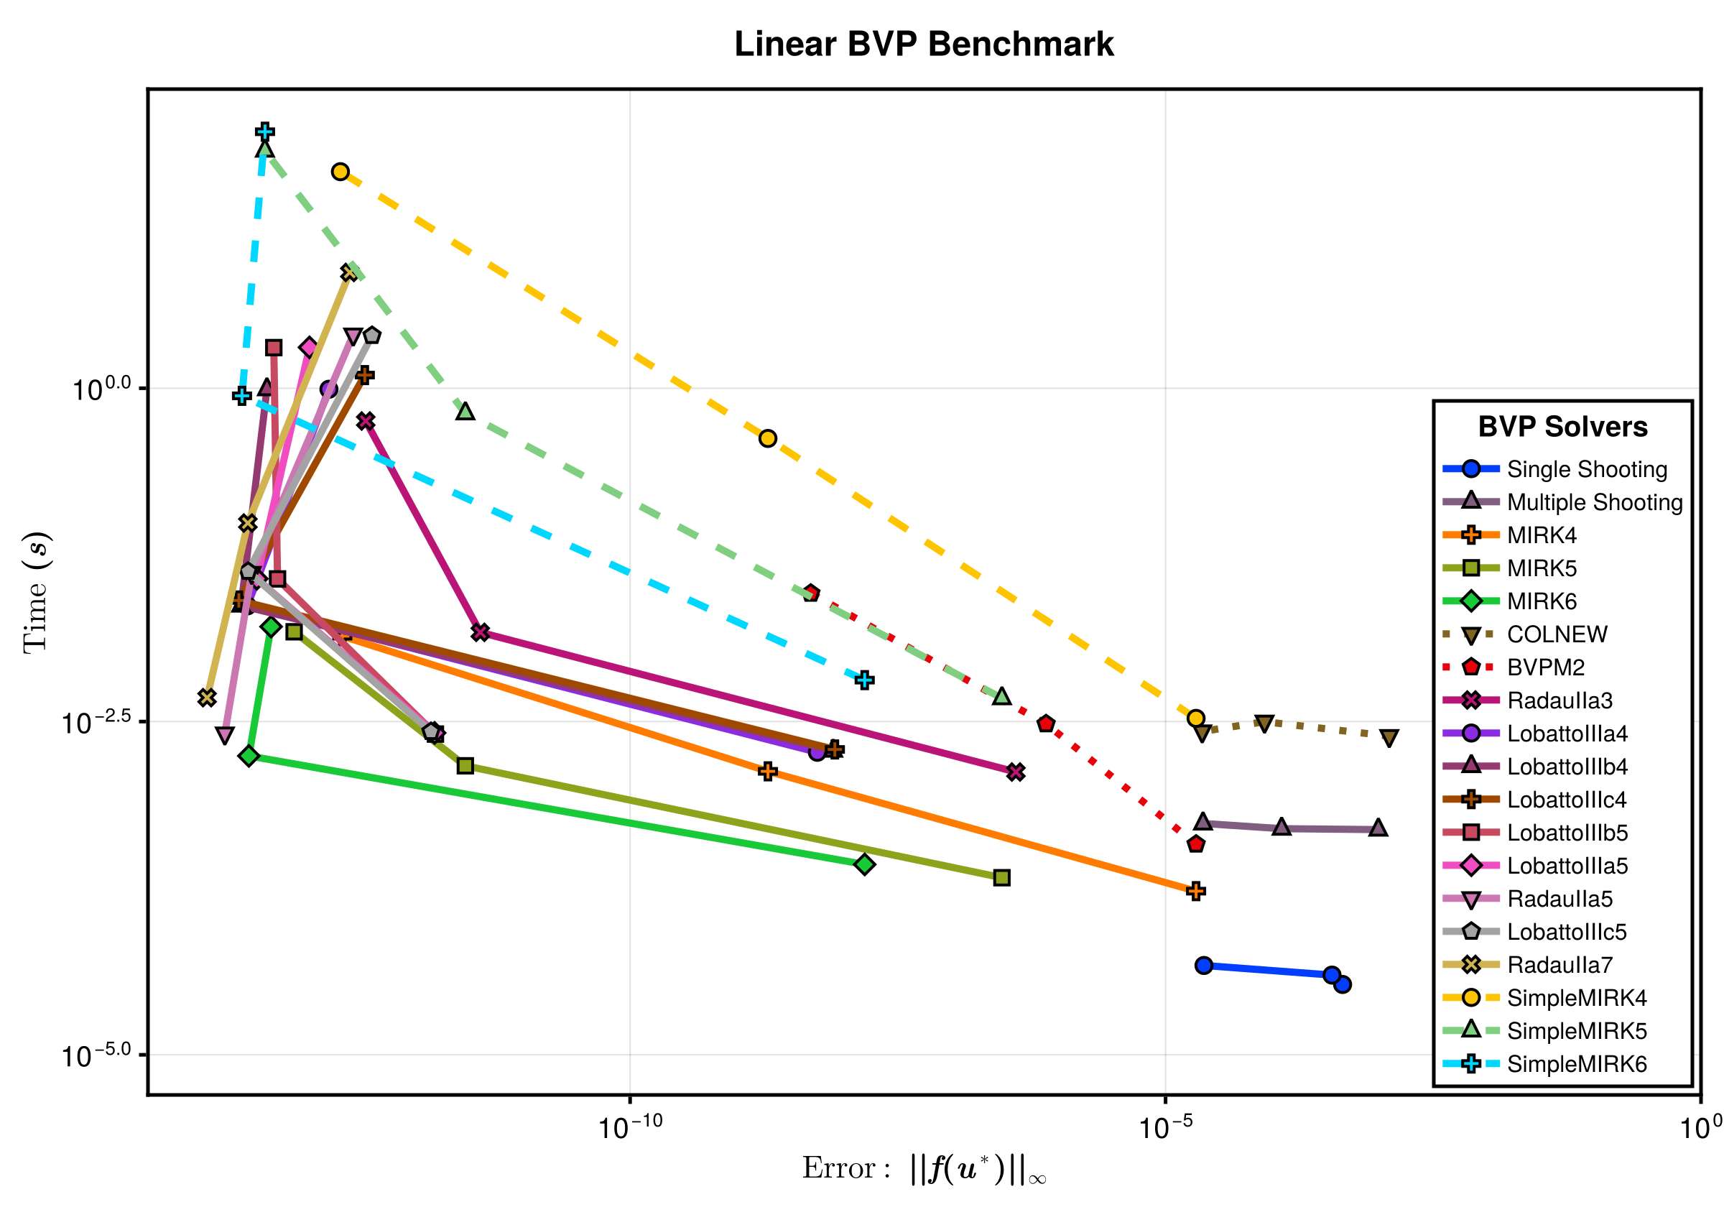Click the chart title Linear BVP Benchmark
coord(924,45)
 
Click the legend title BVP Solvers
coord(1562,427)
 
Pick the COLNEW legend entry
coord(1557,634)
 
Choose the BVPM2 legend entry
coord(1545,667)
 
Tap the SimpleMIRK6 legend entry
coord(1576,1064)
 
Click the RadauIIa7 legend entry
coord(1560,965)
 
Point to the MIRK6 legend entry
coord(1542,601)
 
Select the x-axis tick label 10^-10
coord(630,1127)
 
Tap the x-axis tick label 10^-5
coord(1165,1127)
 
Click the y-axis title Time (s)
coord(35,593)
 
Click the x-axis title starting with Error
coord(924,1169)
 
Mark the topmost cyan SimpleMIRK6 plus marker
coord(264,132)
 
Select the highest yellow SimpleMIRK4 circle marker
coord(341,172)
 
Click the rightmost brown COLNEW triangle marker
coord(1389,738)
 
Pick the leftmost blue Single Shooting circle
coord(1204,965)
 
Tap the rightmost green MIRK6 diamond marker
coord(865,864)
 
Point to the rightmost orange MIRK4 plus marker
coord(1196,891)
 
